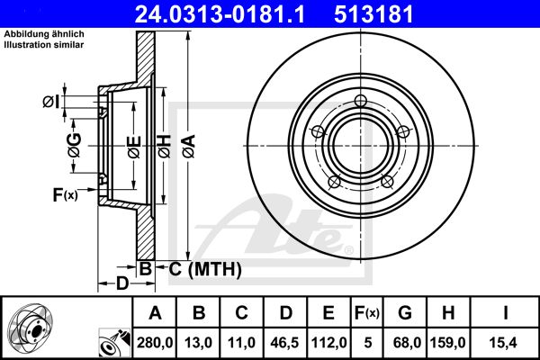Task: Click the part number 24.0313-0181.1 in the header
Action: click(220, 13)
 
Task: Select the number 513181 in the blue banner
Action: click(373, 13)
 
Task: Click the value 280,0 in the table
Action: click(155, 343)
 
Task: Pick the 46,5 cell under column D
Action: click(284, 343)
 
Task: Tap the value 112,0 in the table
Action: click(328, 343)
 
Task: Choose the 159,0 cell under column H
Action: click(447, 343)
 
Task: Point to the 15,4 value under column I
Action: click(505, 343)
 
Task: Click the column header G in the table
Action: click(405, 313)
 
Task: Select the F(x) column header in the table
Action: click(367, 313)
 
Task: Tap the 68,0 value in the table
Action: click(405, 343)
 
